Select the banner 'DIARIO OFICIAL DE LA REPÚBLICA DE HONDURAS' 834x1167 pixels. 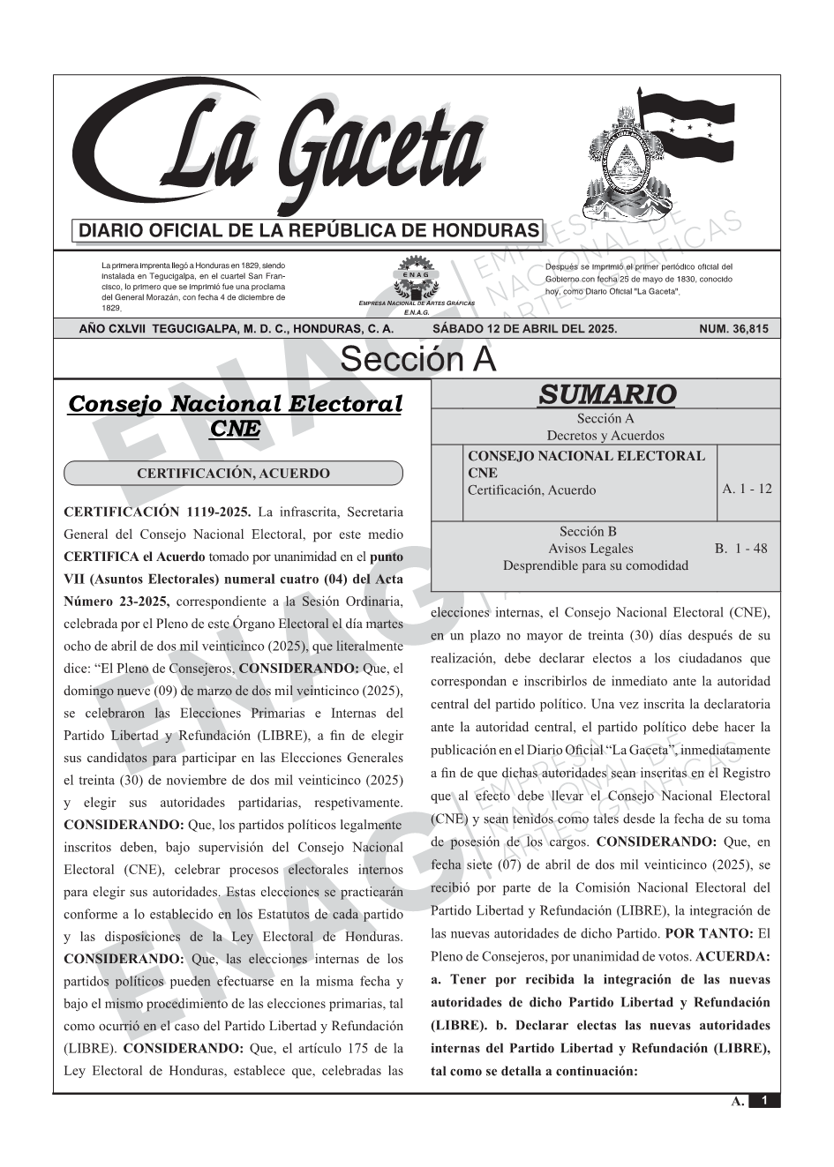click(x=309, y=231)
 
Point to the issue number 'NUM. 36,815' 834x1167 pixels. click(x=733, y=329)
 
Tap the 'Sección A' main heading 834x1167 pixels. click(x=417, y=360)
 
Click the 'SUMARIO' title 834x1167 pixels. click(x=606, y=394)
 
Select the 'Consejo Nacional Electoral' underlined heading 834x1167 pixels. click(x=235, y=404)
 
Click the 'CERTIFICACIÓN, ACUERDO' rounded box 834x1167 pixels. click(x=233, y=474)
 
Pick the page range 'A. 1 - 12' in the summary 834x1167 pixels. click(x=747, y=489)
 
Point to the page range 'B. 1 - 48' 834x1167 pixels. click(x=740, y=549)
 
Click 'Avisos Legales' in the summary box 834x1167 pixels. click(x=590, y=549)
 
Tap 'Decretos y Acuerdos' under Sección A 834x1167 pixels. click(x=605, y=436)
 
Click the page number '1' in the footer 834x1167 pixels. click(x=764, y=1101)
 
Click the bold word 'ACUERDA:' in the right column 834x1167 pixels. click(x=733, y=956)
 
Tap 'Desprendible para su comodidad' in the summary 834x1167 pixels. click(x=596, y=565)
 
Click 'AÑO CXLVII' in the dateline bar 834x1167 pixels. click(x=112, y=329)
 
